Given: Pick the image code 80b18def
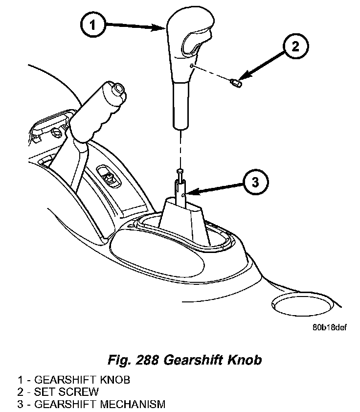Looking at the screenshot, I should tap(329, 327).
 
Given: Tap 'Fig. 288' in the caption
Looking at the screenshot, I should tap(132, 361).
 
